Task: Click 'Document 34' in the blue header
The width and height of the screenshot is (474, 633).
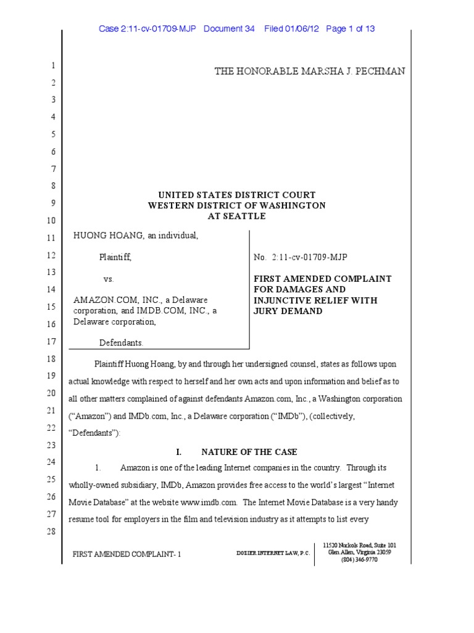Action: pos(228,28)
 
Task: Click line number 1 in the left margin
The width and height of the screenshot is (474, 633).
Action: pos(53,66)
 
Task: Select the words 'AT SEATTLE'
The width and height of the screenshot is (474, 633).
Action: pos(236,216)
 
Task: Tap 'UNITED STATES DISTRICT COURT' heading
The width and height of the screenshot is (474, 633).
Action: pos(236,195)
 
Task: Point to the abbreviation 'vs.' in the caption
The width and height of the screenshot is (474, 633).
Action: pos(109,279)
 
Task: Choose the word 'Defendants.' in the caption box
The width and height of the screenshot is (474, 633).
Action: pos(122,342)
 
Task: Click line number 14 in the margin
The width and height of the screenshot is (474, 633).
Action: pos(51,289)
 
